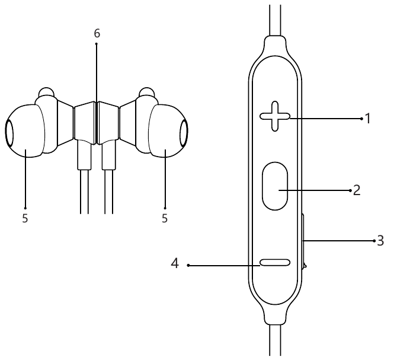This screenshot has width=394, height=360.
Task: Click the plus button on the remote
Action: tap(275, 116)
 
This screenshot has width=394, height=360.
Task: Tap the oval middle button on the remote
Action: tap(275, 186)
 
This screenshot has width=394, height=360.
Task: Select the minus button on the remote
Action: tap(275, 262)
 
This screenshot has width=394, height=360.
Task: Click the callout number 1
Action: tap(367, 118)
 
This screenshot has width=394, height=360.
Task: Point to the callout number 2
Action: tap(357, 190)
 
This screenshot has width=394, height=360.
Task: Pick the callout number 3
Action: tap(381, 241)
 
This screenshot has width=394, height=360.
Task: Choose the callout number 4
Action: tap(175, 263)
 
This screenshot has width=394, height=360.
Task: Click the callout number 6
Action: tap(97, 33)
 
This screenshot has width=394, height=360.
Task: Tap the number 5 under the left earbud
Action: tap(25, 218)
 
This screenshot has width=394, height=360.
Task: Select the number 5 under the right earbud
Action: tap(165, 218)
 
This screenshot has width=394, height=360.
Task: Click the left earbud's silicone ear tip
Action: tap(25, 131)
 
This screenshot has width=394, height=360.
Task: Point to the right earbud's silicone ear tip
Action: tap(168, 131)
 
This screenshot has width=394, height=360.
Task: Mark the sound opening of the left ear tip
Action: tap(9, 133)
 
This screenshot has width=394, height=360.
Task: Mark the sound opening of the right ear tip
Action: tap(184, 133)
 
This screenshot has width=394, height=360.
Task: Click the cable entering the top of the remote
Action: tap(275, 20)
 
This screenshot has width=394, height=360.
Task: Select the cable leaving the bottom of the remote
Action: tap(275, 340)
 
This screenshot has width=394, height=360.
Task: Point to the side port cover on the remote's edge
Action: tap(303, 241)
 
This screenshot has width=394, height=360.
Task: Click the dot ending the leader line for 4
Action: tap(188, 265)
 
